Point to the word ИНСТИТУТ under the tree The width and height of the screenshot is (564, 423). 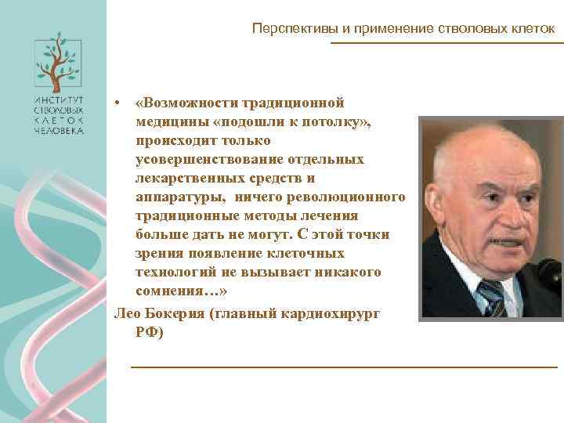click(59, 100)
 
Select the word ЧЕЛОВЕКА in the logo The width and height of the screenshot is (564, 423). click(59, 132)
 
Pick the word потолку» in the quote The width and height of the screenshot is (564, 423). click(338, 122)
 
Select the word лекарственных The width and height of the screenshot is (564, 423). click(190, 179)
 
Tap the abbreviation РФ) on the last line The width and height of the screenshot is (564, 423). click(150, 331)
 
